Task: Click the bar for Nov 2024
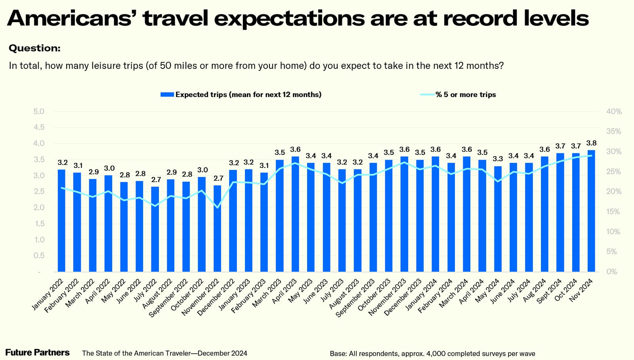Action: coord(591,211)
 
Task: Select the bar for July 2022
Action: coord(155,229)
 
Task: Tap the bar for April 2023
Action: coord(295,214)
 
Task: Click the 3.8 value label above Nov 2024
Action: coord(591,143)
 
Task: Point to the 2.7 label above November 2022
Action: coord(218,178)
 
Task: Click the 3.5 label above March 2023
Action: coord(280,152)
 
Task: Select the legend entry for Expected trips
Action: coord(241,95)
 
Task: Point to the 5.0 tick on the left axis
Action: coord(39,111)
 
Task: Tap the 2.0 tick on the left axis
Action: coord(39,208)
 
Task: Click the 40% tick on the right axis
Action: coord(614,112)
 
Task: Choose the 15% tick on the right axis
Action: coord(614,212)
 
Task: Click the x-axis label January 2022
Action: coord(47,294)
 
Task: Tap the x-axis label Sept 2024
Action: coord(549,291)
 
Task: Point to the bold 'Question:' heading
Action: coord(34,48)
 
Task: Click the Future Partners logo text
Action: coord(37,352)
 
